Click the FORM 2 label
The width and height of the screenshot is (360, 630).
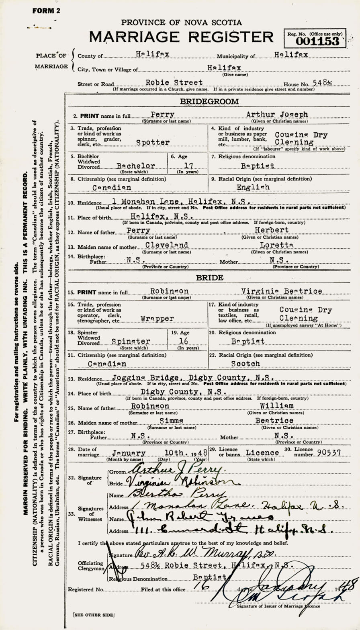[46, 11]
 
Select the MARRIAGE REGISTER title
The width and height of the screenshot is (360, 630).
[181, 37]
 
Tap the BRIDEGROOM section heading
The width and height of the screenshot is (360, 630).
[209, 102]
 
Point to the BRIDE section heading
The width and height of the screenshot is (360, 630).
[209, 277]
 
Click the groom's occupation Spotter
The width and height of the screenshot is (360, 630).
[153, 142]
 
